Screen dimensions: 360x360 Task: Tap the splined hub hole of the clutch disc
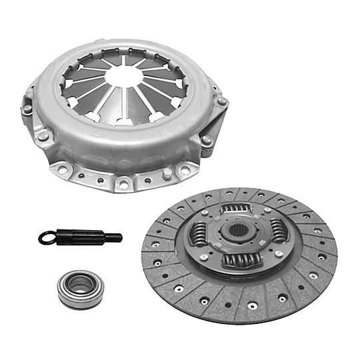click(238, 236)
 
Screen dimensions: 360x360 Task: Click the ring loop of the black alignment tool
click(48, 236)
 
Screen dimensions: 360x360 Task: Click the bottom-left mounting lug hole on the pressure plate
click(63, 170)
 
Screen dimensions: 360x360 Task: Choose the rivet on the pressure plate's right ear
click(222, 102)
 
